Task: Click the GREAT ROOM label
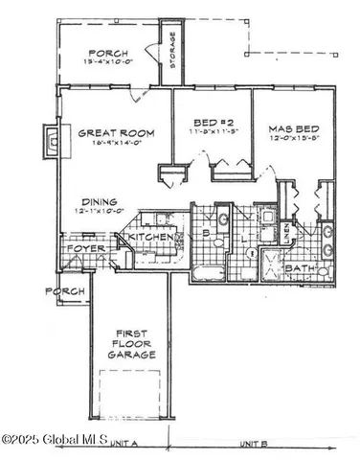click(111, 135)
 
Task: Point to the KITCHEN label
click(151, 237)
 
